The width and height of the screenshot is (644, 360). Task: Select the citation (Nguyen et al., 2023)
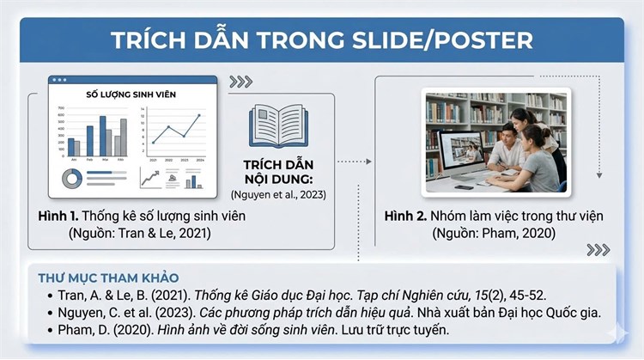(x=277, y=193)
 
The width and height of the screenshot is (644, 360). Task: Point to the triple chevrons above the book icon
(x=241, y=82)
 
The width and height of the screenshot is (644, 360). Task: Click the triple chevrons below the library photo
(x=598, y=249)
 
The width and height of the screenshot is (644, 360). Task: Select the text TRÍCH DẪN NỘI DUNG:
(x=277, y=168)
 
